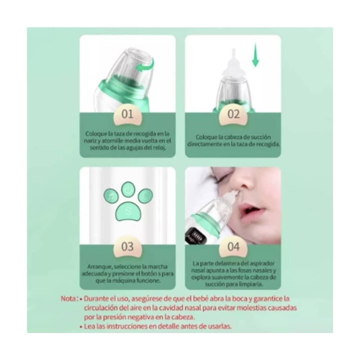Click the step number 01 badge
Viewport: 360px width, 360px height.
(127, 115)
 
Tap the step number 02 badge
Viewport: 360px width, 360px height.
(233, 115)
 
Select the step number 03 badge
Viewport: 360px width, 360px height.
(127, 247)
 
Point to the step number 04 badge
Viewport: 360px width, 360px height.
(233, 247)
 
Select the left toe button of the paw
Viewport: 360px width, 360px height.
(111, 197)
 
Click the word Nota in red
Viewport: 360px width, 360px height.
(68, 299)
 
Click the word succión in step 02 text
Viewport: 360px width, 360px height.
(261, 137)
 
